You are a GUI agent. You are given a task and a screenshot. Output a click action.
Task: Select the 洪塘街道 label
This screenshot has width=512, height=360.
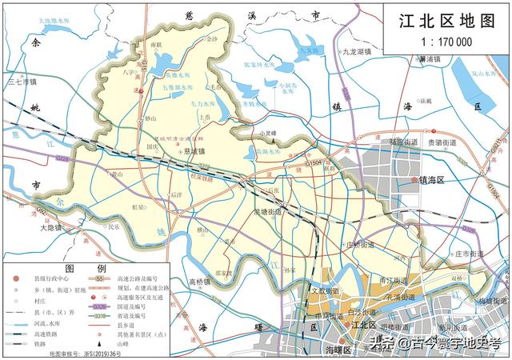click(x=268, y=212)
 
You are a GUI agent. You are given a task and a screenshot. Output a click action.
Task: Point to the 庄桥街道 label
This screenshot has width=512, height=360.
click(x=359, y=245)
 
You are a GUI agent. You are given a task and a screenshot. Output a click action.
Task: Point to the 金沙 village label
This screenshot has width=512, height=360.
click(x=211, y=38)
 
